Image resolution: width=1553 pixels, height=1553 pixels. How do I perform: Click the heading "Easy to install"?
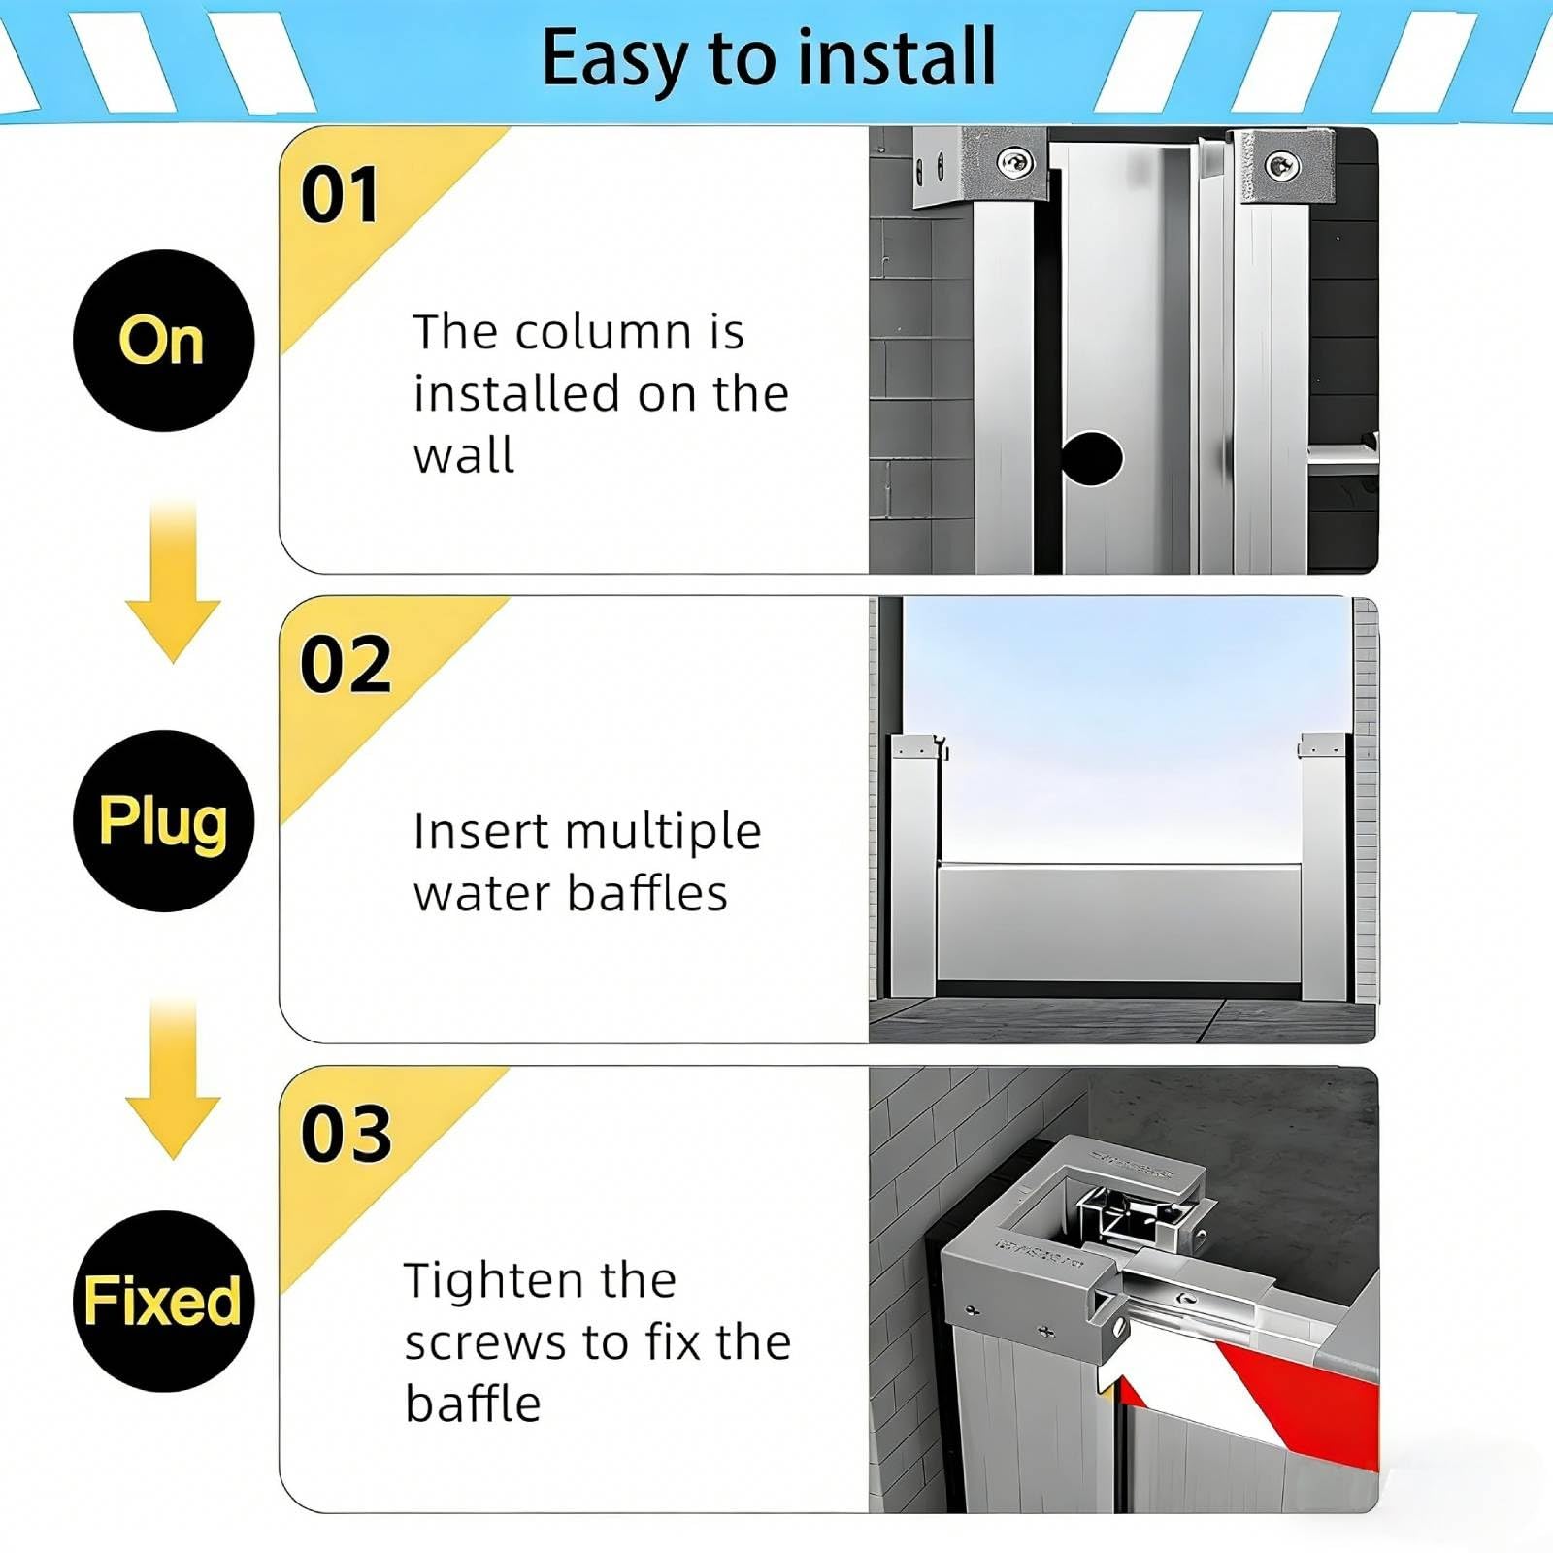[x=769, y=58]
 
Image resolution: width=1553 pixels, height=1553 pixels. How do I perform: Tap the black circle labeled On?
[x=163, y=341]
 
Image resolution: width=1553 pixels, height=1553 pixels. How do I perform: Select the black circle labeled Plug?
[x=163, y=821]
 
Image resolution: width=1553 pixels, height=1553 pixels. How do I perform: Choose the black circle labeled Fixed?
[x=163, y=1301]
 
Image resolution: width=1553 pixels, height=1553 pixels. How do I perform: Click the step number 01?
[x=339, y=195]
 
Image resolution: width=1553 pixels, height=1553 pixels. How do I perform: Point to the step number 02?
[x=346, y=665]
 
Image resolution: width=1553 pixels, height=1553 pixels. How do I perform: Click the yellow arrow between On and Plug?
[x=173, y=582]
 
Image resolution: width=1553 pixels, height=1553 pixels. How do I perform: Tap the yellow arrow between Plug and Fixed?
[x=173, y=1077]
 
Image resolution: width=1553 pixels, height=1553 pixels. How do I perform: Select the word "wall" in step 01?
[x=464, y=455]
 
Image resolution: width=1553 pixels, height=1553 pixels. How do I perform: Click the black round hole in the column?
[x=1092, y=458]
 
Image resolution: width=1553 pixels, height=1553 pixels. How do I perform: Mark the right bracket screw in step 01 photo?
[x=1282, y=165]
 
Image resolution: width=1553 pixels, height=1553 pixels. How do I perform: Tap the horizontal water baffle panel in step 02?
[x=1119, y=922]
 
